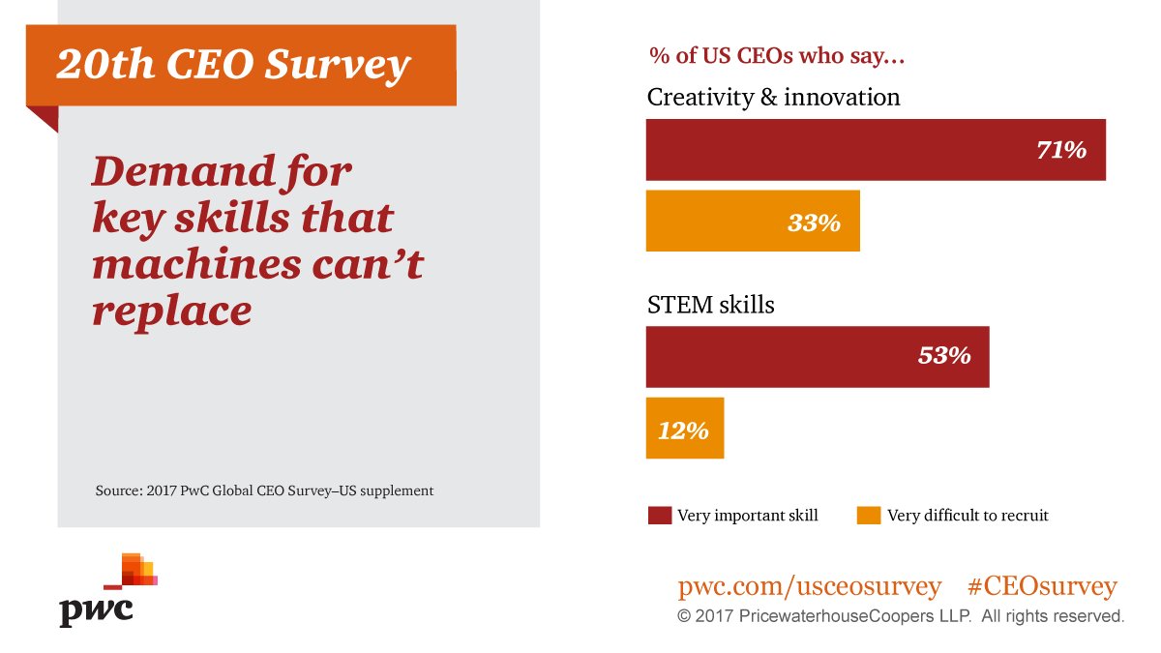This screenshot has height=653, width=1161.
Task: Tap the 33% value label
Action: [x=814, y=223]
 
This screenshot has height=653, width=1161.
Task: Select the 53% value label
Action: [x=943, y=356]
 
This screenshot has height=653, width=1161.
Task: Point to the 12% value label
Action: [x=683, y=430]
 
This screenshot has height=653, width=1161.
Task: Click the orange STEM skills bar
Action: [x=685, y=429]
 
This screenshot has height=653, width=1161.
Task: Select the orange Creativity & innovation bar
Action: [x=753, y=222]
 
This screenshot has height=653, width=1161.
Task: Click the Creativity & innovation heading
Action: [x=773, y=98]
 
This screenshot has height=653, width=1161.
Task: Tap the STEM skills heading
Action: [x=710, y=305]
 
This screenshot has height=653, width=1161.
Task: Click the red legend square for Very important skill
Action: [x=659, y=516]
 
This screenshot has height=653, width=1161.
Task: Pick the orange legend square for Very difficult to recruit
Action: [x=869, y=516]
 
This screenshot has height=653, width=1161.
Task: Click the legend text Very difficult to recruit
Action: [x=967, y=516]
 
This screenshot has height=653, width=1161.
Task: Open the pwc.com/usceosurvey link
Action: [x=809, y=586]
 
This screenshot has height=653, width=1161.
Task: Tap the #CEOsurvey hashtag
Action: [x=1041, y=586]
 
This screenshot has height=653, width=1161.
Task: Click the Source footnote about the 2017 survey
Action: [x=264, y=490]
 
